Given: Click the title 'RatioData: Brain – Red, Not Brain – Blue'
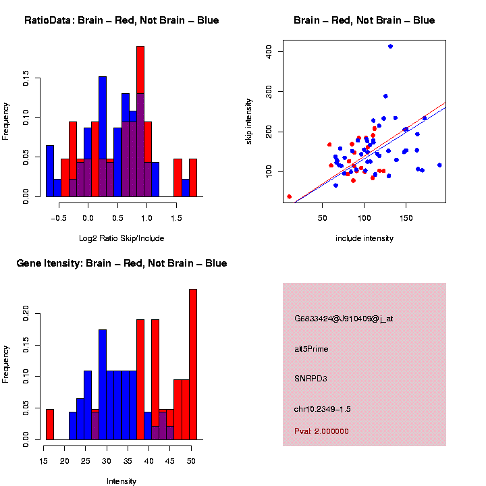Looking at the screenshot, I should click(122, 20).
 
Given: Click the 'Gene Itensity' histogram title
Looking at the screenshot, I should click(122, 263).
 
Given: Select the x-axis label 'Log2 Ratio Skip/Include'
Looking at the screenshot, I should click(122, 238).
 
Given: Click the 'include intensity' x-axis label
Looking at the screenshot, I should click(364, 238).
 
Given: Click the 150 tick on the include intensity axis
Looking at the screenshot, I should click(406, 217).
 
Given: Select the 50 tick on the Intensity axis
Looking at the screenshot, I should click(190, 461).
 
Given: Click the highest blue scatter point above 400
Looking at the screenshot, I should click(390, 47).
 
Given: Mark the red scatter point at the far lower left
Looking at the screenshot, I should click(290, 196).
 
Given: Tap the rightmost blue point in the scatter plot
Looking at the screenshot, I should click(439, 165).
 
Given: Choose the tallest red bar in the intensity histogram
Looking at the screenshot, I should click(193, 364).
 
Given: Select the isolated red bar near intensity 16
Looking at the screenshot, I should click(50, 425).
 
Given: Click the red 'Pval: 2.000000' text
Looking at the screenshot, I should click(321, 431).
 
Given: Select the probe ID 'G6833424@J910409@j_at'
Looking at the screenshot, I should click(344, 319).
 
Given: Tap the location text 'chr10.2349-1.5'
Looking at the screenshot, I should click(323, 409).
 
